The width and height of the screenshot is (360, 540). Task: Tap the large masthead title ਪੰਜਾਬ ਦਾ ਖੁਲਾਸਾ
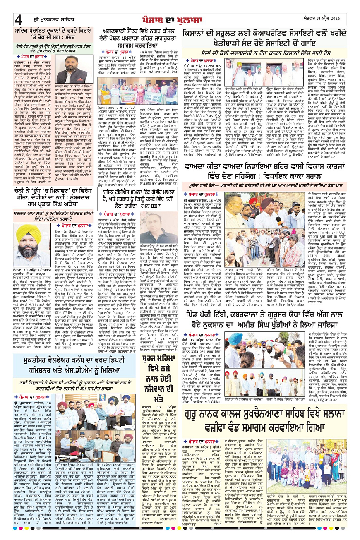tap(180, 19)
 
